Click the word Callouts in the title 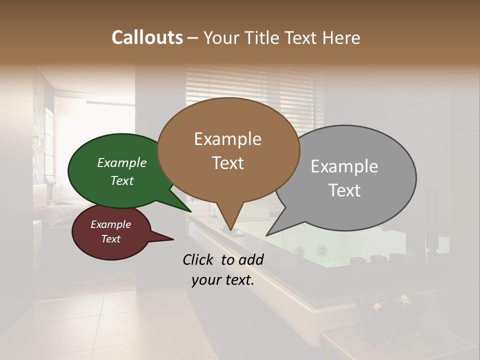click(x=147, y=37)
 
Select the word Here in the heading click(x=341, y=37)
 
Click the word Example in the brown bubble click(x=227, y=139)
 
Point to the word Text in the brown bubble click(x=227, y=163)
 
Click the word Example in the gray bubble click(x=344, y=166)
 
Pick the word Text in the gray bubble click(x=344, y=190)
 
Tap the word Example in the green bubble click(x=122, y=162)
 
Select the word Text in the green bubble click(x=122, y=180)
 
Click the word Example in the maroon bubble click(x=110, y=224)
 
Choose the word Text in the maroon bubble click(x=110, y=239)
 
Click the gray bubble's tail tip click(x=268, y=234)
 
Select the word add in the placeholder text click(x=252, y=259)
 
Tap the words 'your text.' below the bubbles click(x=223, y=280)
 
